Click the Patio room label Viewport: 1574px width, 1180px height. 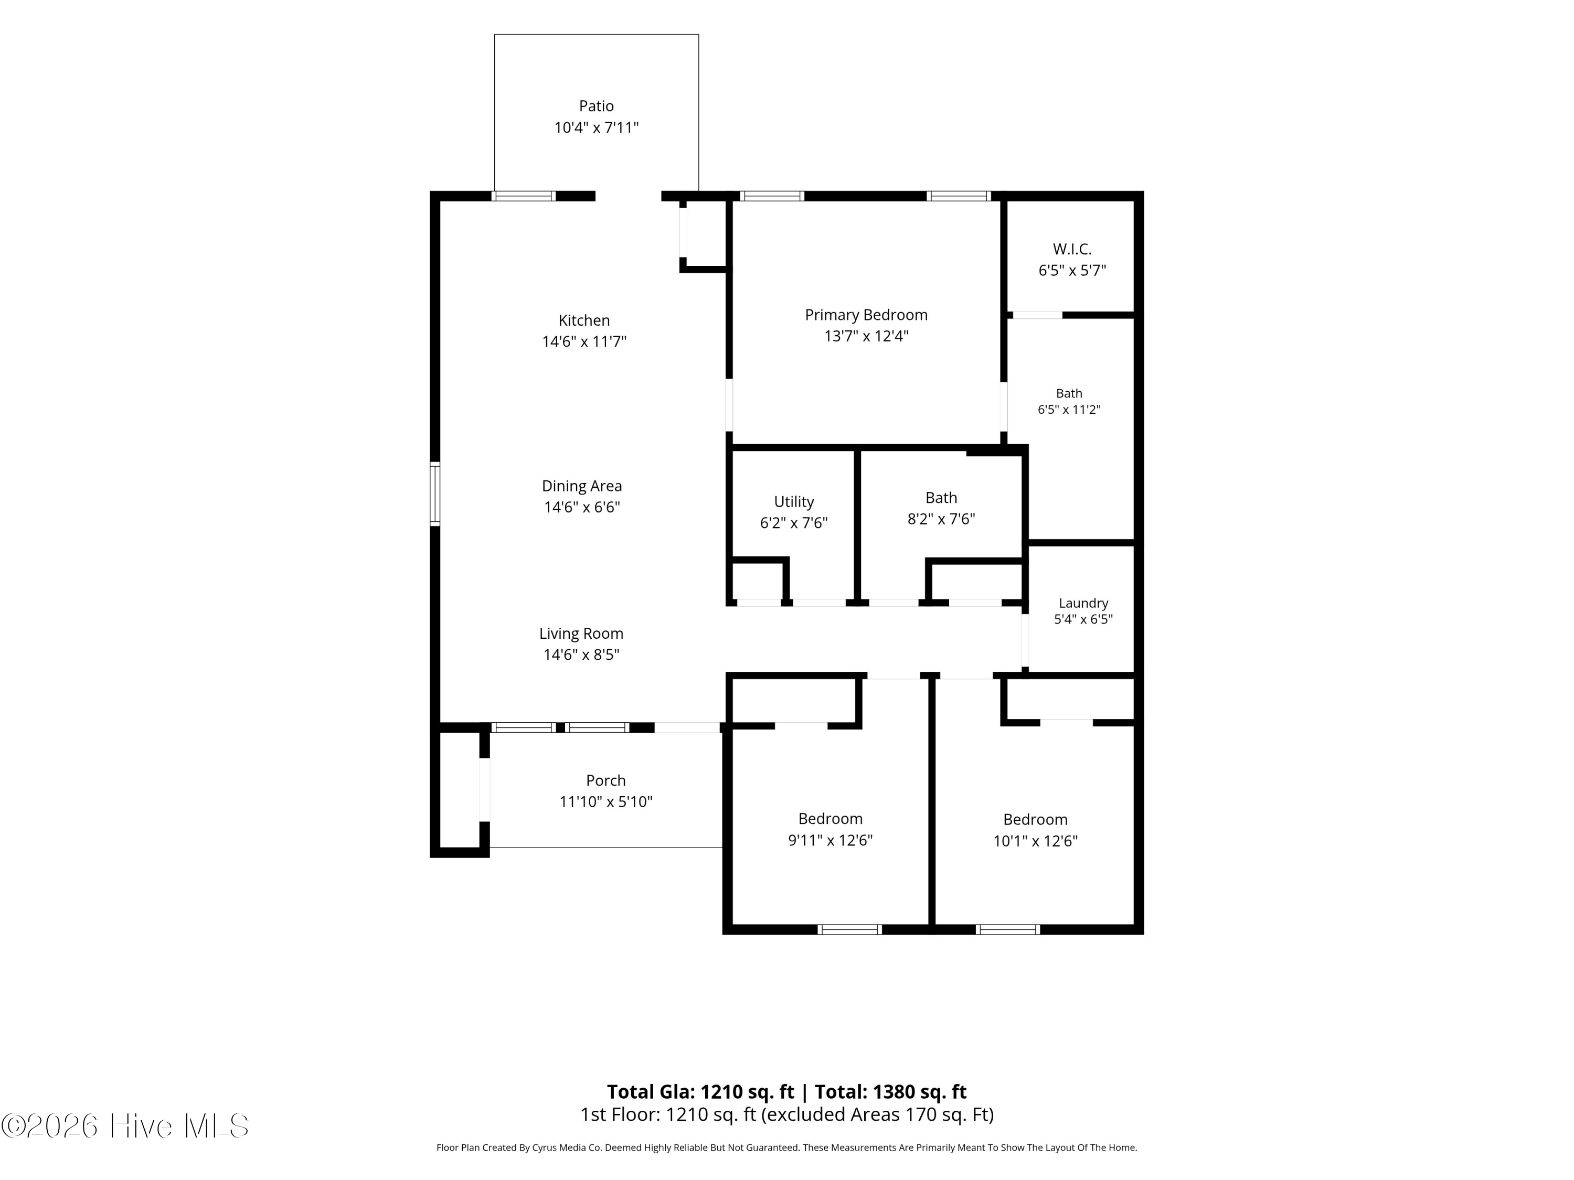(597, 106)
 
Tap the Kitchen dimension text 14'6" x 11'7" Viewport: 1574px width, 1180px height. (584, 341)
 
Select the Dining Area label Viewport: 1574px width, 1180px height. (582, 486)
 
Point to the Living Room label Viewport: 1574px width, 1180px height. (581, 634)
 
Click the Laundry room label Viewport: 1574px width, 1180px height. (1083, 603)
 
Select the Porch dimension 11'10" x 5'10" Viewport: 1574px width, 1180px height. (607, 801)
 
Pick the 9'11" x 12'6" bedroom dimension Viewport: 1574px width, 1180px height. (831, 840)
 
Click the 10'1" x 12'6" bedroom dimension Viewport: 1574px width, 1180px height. (1035, 841)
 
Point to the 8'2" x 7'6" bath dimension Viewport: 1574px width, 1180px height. (941, 519)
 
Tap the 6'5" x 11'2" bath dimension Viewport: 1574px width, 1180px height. (1069, 410)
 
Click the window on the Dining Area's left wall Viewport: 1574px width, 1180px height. (435, 494)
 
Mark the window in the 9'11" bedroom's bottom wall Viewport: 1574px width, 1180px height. (849, 929)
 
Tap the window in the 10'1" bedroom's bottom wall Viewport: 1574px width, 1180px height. (1007, 929)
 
